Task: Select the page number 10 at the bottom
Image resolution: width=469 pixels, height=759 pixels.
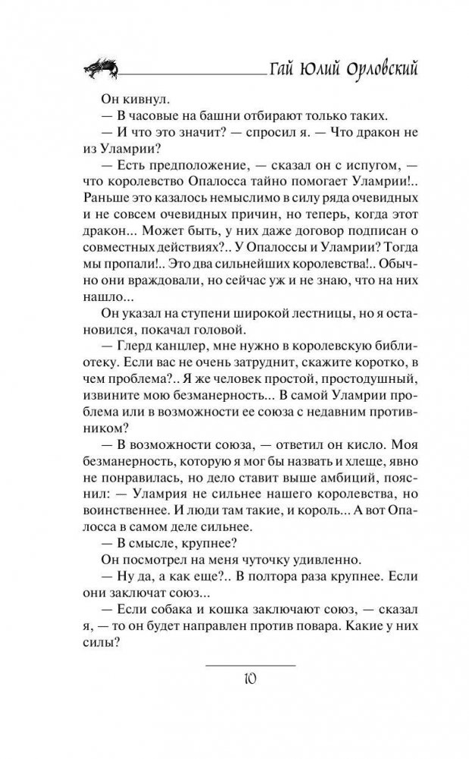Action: pos(251,677)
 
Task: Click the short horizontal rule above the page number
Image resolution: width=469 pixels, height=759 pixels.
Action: pos(251,665)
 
